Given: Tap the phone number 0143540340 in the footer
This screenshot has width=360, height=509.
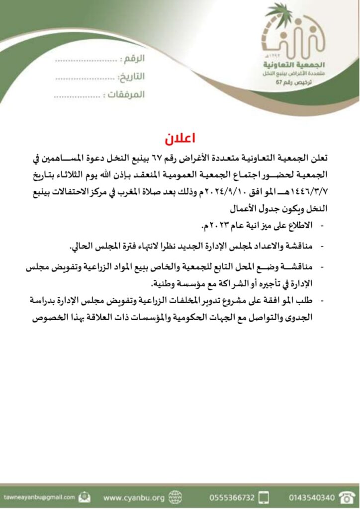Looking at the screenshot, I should [311, 497].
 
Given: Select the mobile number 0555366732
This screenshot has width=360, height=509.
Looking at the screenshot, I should [232, 497].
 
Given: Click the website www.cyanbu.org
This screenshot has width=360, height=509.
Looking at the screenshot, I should [134, 497].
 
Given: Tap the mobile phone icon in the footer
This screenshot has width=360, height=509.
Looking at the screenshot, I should [265, 497].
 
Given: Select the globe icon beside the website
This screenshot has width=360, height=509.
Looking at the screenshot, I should [175, 497].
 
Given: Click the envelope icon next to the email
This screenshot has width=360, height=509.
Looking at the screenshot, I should [85, 497].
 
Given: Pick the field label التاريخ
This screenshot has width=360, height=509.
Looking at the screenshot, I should [131, 77].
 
